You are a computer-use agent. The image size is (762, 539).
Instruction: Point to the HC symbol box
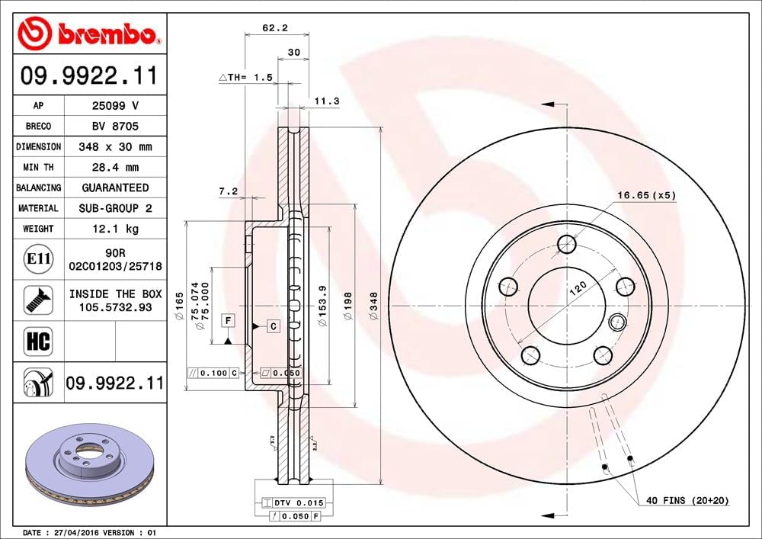point(39,341)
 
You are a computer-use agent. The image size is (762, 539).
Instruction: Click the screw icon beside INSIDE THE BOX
point(38,300)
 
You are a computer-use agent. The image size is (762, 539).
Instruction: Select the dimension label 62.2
point(274,27)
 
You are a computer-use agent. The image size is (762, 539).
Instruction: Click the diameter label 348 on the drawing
point(373,305)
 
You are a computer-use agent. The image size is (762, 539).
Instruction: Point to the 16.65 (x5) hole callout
point(645,195)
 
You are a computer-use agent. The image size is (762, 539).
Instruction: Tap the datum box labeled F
point(227,320)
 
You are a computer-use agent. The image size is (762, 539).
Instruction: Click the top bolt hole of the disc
point(566,244)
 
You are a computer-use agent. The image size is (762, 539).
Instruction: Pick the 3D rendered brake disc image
point(90,465)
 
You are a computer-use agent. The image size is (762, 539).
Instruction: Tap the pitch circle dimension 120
point(580,287)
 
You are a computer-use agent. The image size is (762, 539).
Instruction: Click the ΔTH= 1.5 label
point(245,78)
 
